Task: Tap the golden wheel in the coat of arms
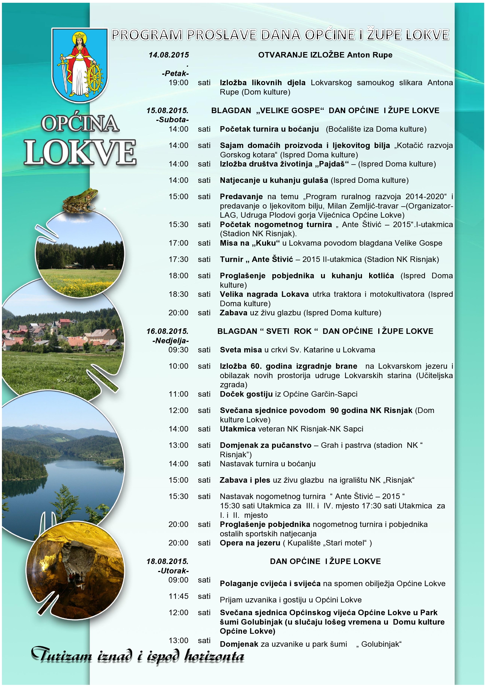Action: [x=94, y=79]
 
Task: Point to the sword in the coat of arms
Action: [x=63, y=70]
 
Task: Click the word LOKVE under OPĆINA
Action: [x=80, y=152]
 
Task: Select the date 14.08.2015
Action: [x=169, y=55]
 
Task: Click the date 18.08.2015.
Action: [x=167, y=562]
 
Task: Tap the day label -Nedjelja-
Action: [x=171, y=341]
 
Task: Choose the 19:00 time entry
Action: [x=178, y=83]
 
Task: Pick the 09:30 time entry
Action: [x=178, y=350]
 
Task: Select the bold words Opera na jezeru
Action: [x=250, y=543]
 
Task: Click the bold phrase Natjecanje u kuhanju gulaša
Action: [x=274, y=180]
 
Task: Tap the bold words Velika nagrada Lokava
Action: [x=264, y=294]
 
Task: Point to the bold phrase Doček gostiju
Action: [x=246, y=394]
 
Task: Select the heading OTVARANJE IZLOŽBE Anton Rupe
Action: [x=325, y=55]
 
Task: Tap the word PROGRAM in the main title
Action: [x=147, y=35]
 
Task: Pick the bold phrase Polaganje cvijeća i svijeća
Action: [x=270, y=584]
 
